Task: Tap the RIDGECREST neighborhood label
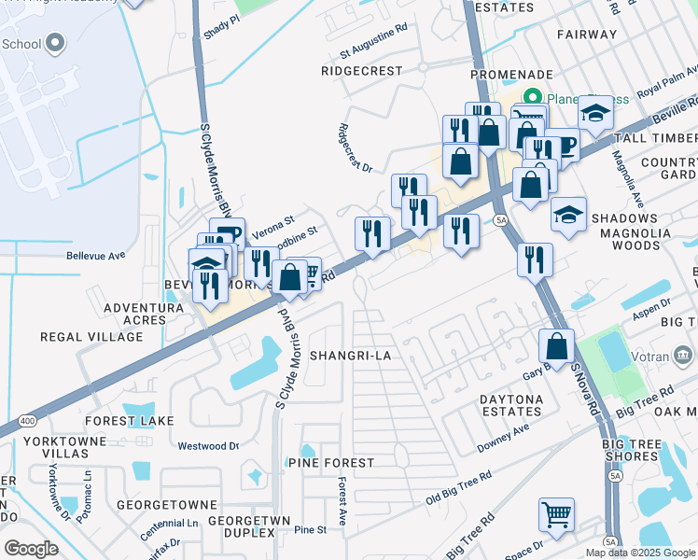[361, 71]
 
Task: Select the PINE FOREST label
[331, 463]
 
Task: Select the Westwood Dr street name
[209, 446]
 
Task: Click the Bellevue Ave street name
[95, 255]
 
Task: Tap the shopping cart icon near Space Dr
[556, 514]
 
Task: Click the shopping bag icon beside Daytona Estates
[556, 344]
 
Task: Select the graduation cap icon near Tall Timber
[594, 113]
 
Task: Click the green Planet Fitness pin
[533, 96]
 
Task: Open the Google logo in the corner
[31, 548]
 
